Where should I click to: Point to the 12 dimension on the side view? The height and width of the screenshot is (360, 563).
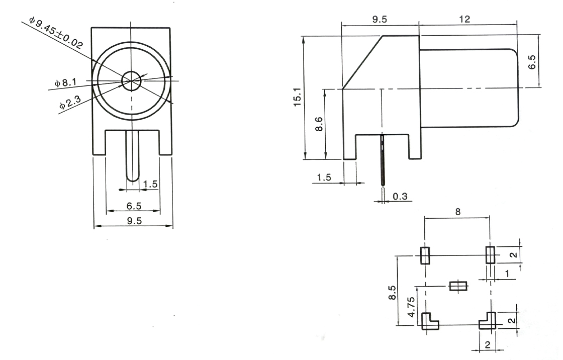tap(464, 19)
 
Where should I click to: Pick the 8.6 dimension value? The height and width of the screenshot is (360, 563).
tap(318, 124)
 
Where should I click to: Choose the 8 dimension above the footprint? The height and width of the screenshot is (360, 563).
tap(457, 212)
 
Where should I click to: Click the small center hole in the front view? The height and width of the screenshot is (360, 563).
tap(132, 80)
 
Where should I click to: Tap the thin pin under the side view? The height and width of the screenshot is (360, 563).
tap(382, 161)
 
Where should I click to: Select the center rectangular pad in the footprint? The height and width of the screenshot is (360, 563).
tap(458, 286)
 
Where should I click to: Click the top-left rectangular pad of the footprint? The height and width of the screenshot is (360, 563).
tap(425, 255)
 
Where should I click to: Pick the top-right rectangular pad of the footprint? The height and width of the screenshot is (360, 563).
tap(490, 255)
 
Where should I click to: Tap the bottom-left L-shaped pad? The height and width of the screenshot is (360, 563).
tap(428, 321)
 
